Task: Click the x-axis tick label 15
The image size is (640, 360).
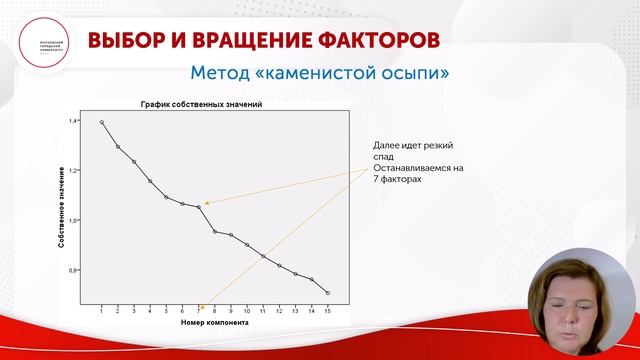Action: (327, 311)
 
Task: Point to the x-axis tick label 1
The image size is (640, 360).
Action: (102, 311)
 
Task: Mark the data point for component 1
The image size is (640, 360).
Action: (102, 122)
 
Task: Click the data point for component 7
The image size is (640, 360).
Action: (198, 206)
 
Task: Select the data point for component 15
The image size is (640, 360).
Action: (327, 292)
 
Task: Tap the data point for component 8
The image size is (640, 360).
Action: (214, 231)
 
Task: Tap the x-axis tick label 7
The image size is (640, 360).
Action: (198, 311)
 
